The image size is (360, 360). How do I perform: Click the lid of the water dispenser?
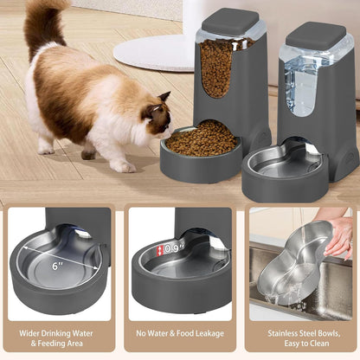[316, 35]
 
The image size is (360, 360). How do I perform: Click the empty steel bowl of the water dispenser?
[286, 164]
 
